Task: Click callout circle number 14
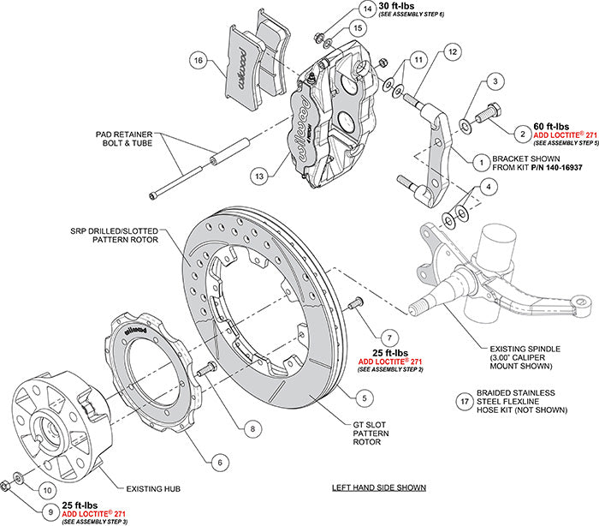tap(368, 9)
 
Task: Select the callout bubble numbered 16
tap(198, 61)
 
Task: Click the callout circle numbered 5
tap(365, 397)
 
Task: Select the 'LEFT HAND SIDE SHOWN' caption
tap(379, 487)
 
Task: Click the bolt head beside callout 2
tap(490, 110)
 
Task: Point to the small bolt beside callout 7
tap(356, 301)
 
